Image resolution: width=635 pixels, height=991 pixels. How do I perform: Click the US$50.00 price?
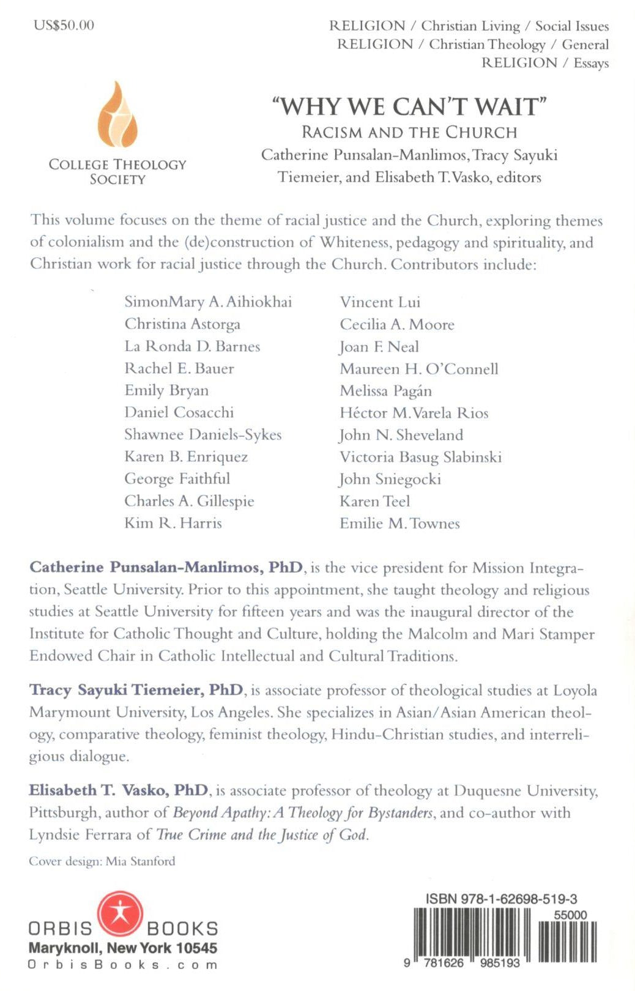[x=64, y=25]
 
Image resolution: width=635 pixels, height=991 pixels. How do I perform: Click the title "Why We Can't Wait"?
[x=409, y=106]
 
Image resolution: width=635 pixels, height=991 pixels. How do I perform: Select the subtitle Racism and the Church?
[x=409, y=132]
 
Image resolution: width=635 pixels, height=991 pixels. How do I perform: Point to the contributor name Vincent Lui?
[x=380, y=302]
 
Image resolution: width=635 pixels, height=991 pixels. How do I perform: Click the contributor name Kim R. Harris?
[x=173, y=523]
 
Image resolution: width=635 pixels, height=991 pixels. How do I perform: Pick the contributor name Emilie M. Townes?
[x=399, y=524]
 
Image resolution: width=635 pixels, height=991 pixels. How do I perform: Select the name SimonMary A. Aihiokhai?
[x=208, y=302]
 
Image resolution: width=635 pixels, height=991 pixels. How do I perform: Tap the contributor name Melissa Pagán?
[x=385, y=391]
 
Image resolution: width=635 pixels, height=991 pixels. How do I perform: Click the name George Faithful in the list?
[x=177, y=479]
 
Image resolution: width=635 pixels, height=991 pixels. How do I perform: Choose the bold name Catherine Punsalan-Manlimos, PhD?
[x=166, y=568]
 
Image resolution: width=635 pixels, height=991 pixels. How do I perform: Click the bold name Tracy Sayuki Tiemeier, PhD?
[x=136, y=690]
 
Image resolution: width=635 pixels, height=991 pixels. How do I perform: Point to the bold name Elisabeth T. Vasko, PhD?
[x=119, y=790]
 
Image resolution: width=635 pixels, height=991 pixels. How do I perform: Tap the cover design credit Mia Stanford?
[x=102, y=861]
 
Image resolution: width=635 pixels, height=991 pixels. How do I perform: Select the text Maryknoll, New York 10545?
[x=122, y=948]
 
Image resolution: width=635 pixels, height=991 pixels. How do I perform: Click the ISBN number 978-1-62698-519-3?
[x=501, y=899]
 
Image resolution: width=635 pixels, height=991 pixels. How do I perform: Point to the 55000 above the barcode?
[x=570, y=915]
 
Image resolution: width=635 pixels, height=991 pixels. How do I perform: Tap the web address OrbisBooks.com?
[x=122, y=965]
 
